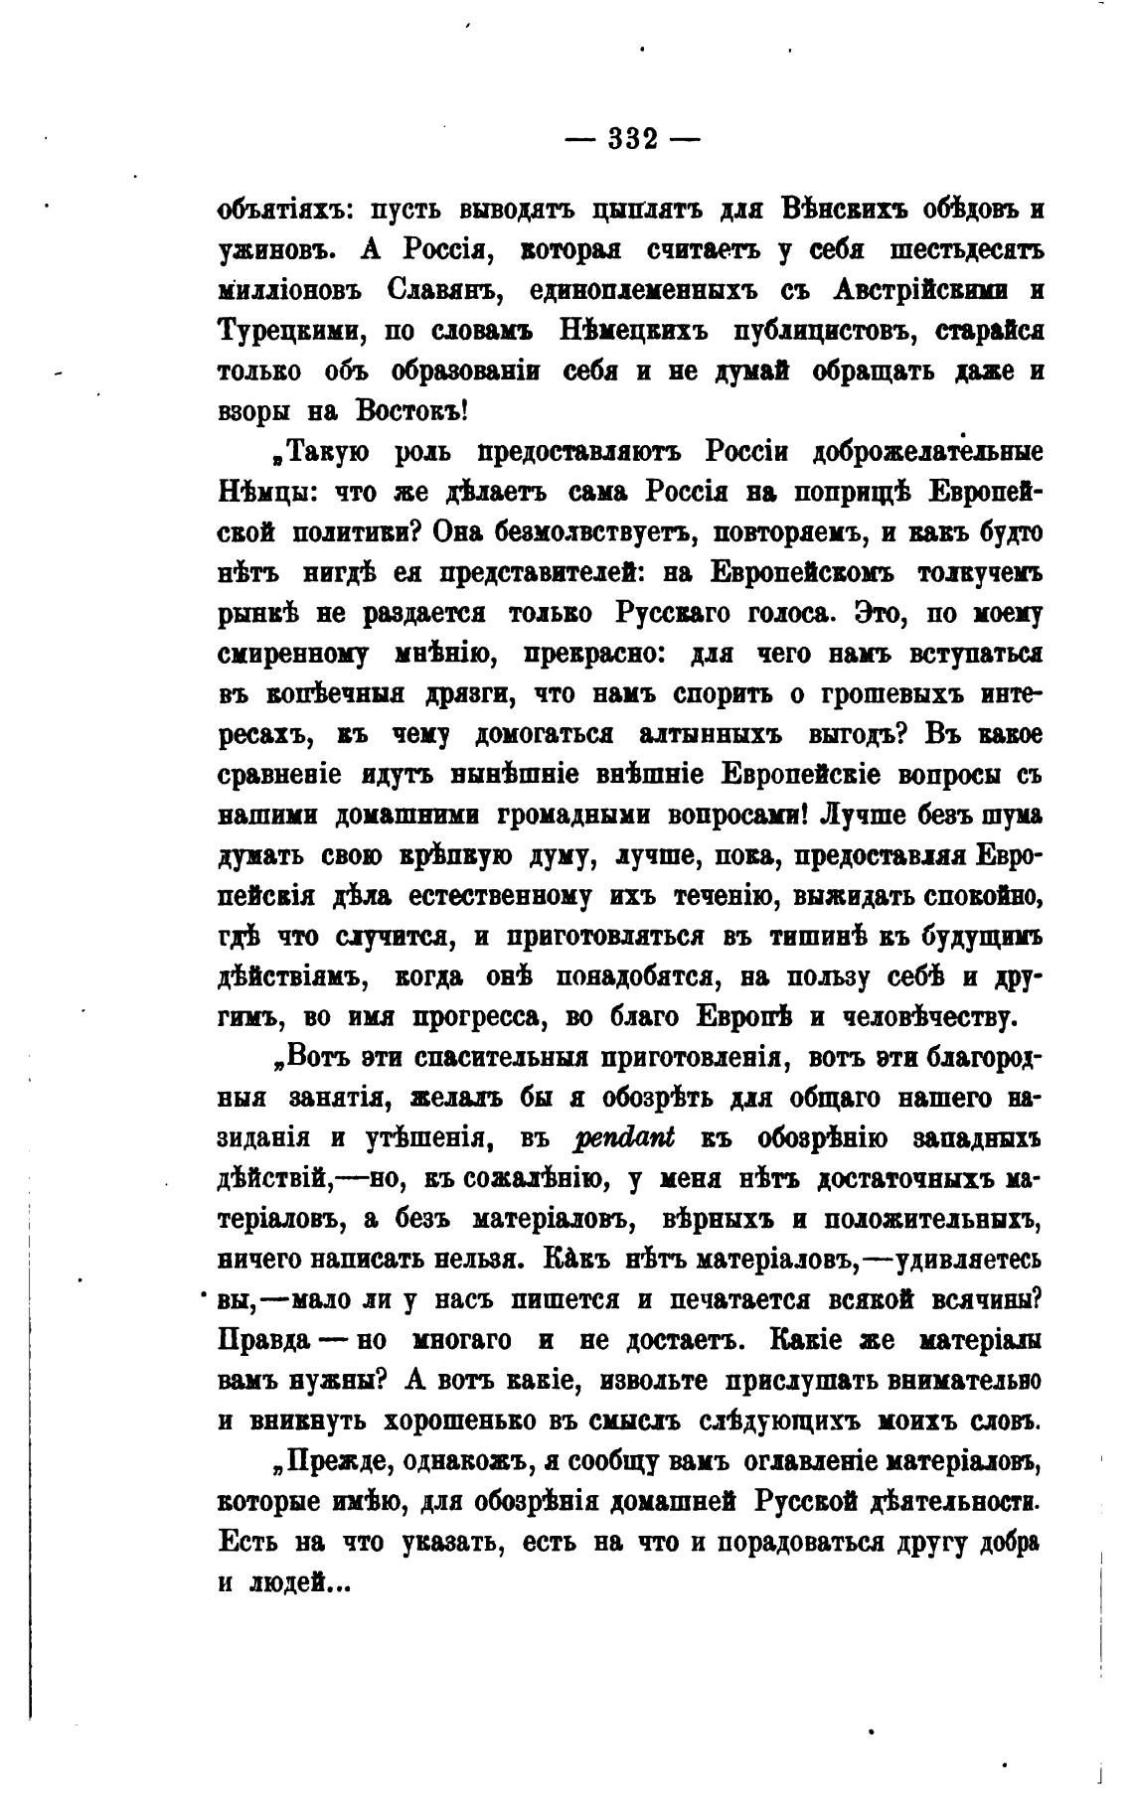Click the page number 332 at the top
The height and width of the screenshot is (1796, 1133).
click(632, 139)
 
